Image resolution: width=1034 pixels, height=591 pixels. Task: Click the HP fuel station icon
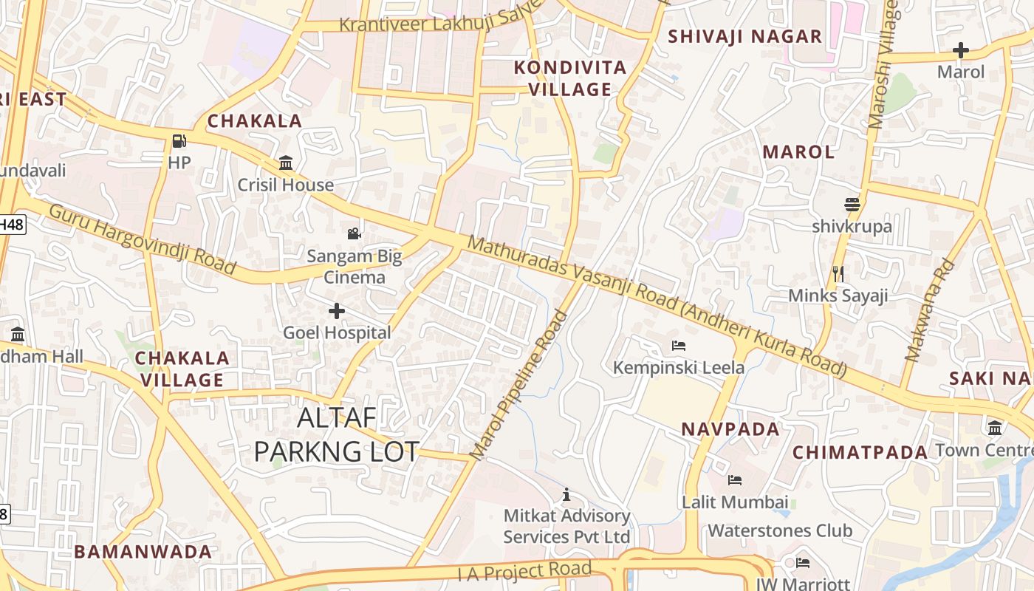click(x=179, y=140)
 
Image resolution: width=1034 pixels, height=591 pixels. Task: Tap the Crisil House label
click(x=285, y=185)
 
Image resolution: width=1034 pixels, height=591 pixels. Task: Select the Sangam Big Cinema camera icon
click(x=355, y=234)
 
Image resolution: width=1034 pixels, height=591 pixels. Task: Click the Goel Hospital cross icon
click(x=337, y=311)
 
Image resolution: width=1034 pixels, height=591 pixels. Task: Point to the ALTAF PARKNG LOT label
click(x=337, y=435)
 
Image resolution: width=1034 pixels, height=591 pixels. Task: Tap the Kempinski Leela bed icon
click(x=679, y=345)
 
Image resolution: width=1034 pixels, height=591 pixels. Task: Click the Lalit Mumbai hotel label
click(x=735, y=502)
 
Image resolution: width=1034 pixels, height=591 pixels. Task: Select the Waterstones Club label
click(x=780, y=530)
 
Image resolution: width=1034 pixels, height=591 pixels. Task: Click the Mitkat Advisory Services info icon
click(x=566, y=494)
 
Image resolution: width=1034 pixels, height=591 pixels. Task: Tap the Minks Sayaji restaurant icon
click(x=838, y=274)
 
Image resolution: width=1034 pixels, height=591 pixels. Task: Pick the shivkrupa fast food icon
click(x=852, y=205)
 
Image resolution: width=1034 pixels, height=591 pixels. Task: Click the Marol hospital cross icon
click(x=961, y=50)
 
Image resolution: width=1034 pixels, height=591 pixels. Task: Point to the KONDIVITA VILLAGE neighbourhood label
click(x=570, y=78)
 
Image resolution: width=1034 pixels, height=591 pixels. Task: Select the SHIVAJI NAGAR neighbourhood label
click(x=744, y=36)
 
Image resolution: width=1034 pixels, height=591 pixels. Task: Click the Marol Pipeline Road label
click(x=521, y=385)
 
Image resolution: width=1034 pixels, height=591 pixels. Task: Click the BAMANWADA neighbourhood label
click(x=143, y=551)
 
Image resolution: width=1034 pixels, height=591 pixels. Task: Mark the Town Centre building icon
click(x=995, y=428)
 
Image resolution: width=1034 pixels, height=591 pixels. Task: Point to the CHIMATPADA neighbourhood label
click(x=860, y=452)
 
